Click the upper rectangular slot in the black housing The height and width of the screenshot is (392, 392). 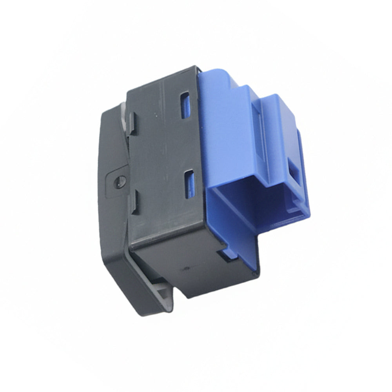click(185, 105)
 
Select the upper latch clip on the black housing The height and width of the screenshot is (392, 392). click(132, 123)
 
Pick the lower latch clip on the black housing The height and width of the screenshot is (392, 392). click(134, 202)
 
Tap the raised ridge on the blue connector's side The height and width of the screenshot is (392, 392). click(257, 129)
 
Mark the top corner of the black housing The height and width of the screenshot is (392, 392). click(195, 67)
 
